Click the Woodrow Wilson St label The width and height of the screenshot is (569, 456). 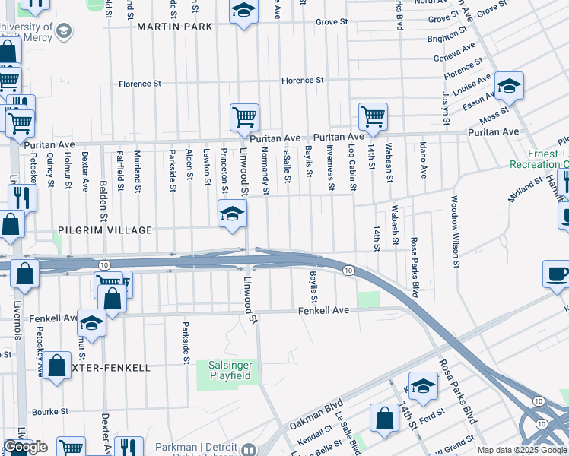pos(454,232)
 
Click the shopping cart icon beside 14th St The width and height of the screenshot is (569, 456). pos(373,117)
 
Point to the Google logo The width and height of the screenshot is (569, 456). pos(26,447)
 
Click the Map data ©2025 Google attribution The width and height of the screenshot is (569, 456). pos(522,450)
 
